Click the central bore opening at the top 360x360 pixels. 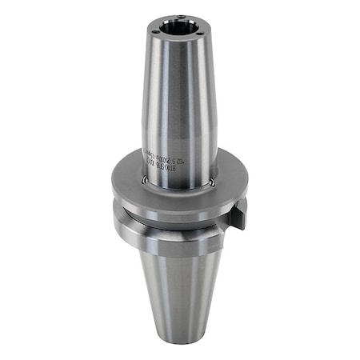tap(180, 29)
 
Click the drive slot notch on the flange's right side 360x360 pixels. tap(238, 212)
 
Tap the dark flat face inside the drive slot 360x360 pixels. tap(239, 216)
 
